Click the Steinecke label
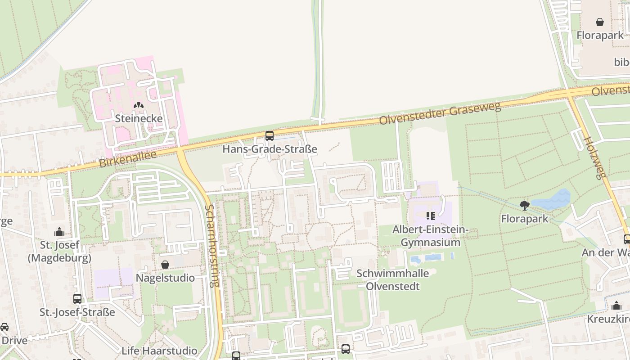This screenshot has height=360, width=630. tap(139, 118)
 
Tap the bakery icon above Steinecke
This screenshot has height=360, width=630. tap(139, 106)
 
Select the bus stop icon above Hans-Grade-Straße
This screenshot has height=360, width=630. tap(270, 135)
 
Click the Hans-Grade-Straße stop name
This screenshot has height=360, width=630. tap(270, 149)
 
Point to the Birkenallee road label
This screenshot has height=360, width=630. tap(127, 159)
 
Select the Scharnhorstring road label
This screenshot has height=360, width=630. tap(211, 246)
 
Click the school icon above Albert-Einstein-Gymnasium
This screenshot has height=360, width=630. tap(430, 216)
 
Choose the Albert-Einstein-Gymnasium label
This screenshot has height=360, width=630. tap(430, 236)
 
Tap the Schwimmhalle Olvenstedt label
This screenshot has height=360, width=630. tap(392, 279)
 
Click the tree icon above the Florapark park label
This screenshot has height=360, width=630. tap(524, 206)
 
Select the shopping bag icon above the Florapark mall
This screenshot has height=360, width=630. tap(600, 22)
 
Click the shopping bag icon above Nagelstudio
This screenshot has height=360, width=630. tap(165, 265)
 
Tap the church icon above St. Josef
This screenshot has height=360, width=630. tap(59, 232)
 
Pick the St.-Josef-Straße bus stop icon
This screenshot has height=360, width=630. tap(77, 298)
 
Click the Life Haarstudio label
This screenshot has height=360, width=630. tap(159, 351)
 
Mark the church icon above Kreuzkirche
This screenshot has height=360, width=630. tap(616, 306)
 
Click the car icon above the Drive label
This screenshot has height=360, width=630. tap(4, 327)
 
